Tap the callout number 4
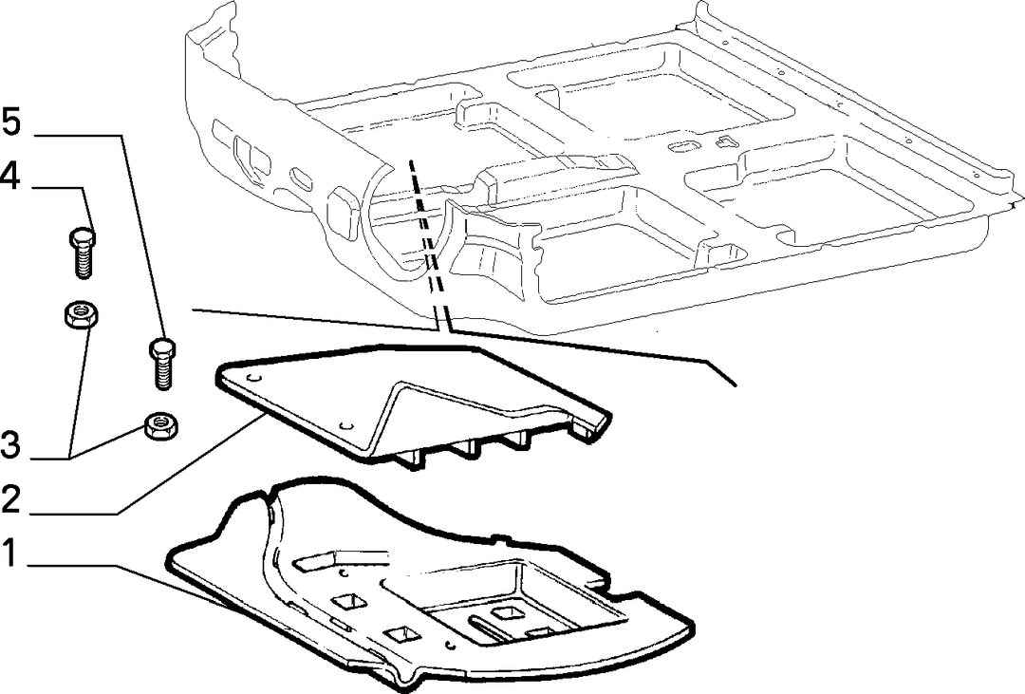click(x=11, y=176)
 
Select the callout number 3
click(x=11, y=446)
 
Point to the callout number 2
click(x=11, y=500)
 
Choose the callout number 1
click(x=9, y=553)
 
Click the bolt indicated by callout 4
click(x=82, y=253)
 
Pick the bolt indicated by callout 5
click(x=163, y=364)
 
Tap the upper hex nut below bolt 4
click(x=81, y=314)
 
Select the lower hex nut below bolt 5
click(x=161, y=426)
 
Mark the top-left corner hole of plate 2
click(x=254, y=378)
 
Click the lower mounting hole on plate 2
click(x=345, y=425)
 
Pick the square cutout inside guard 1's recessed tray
click(x=508, y=612)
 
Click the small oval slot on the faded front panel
click(x=302, y=178)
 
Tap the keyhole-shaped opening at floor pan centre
click(x=683, y=145)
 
